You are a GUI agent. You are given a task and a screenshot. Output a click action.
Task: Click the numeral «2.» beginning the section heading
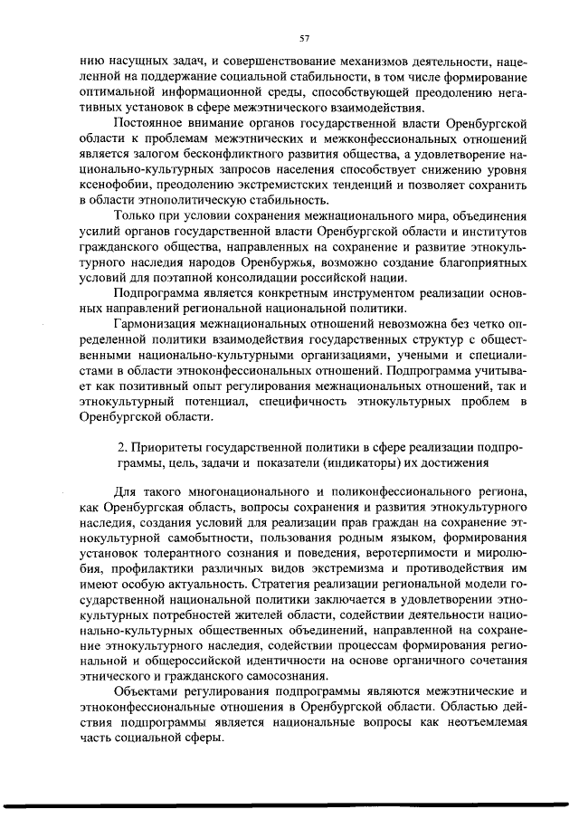125,448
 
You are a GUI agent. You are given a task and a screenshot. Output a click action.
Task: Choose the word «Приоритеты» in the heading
171,448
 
